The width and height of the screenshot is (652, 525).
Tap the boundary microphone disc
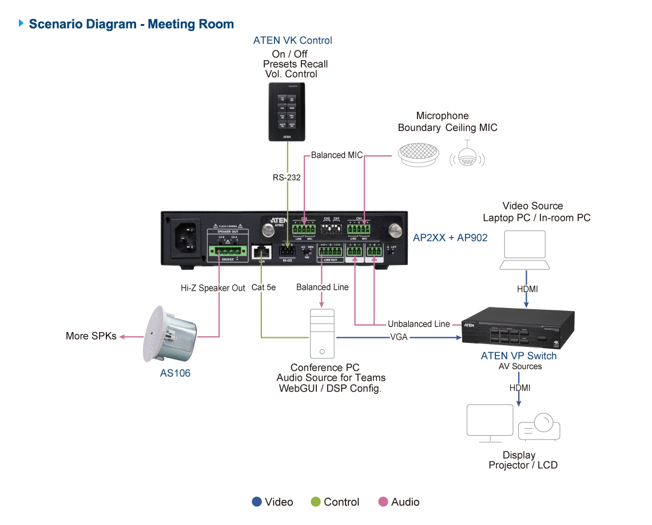[418, 154]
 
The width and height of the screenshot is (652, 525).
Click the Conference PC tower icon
[323, 333]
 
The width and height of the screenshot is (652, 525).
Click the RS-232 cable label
[287, 177]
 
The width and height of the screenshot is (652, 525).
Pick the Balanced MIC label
[337, 155]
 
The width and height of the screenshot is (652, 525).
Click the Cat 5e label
[264, 287]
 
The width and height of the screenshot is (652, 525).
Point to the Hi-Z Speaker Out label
[209, 288]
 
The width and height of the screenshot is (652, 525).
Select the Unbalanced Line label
[419, 324]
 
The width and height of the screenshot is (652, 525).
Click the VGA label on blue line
[399, 337]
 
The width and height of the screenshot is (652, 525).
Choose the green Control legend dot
[315, 502]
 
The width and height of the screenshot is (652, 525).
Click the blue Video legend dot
[257, 502]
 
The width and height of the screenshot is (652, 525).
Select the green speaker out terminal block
[228, 250]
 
